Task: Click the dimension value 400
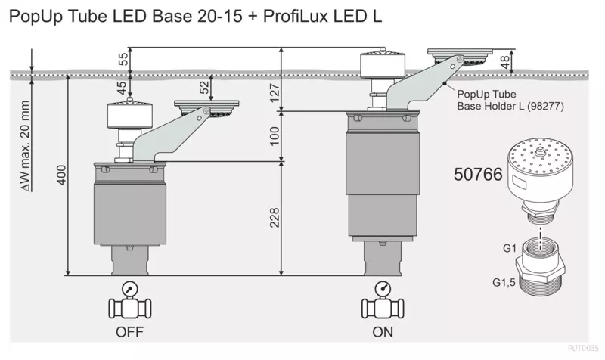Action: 61,175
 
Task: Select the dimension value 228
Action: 275,218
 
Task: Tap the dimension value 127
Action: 275,92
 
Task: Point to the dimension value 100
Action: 275,136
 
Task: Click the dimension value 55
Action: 123,59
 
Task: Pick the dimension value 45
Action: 122,88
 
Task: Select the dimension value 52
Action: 204,87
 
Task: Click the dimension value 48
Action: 505,62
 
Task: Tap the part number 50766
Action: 478,175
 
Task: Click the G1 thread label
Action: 509,248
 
